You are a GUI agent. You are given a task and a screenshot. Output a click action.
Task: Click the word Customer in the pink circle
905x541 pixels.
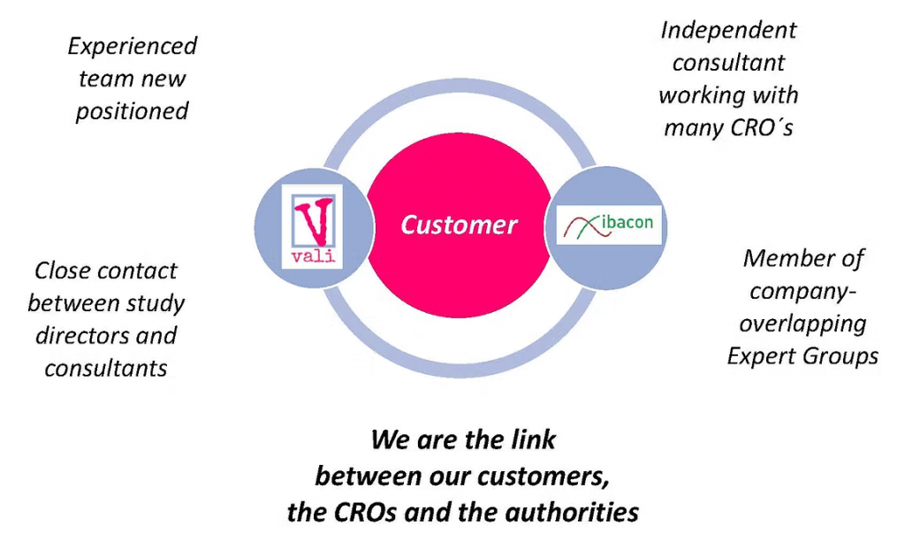459,225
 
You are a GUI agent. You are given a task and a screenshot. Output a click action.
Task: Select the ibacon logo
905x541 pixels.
609,225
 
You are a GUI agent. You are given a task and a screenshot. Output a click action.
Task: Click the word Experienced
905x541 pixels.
133,46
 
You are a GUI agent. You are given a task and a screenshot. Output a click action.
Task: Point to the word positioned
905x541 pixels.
132,111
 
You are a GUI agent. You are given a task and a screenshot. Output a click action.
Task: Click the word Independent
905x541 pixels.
728,30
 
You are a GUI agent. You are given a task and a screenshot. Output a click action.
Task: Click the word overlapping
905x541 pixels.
802,324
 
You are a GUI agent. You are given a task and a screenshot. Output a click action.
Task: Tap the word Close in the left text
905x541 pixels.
66,270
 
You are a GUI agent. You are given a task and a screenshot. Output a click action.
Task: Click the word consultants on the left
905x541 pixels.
105,368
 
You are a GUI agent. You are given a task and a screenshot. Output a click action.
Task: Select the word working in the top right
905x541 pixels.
697,95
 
